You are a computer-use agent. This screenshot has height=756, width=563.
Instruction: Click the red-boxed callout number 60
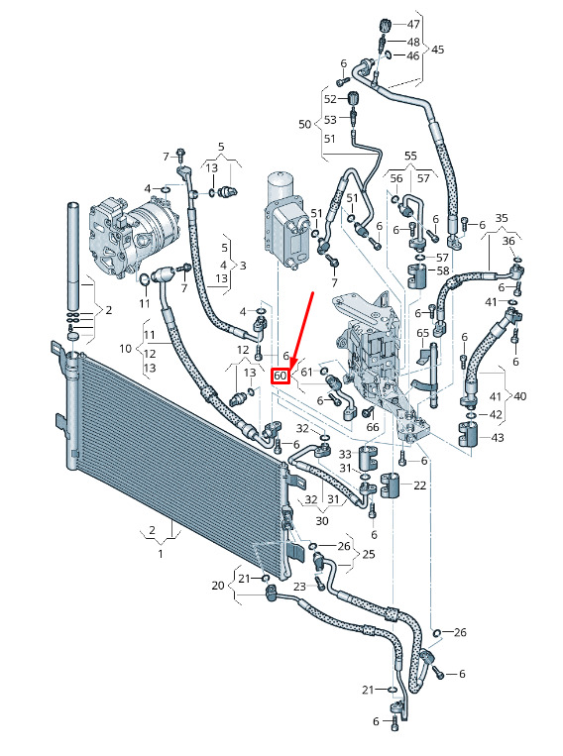[281, 376]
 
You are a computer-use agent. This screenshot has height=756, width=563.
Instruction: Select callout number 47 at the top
[413, 24]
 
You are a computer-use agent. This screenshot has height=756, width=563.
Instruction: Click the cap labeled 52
[354, 98]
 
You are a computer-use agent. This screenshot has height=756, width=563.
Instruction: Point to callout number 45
[437, 50]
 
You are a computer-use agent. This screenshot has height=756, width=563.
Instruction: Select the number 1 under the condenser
[161, 554]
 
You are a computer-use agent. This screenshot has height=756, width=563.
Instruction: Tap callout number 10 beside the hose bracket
[126, 348]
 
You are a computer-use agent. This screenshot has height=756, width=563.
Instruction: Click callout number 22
[419, 486]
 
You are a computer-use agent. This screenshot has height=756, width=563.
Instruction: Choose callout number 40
[520, 396]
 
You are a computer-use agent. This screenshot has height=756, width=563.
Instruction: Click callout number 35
[502, 218]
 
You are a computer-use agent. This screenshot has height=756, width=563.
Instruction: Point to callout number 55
[410, 156]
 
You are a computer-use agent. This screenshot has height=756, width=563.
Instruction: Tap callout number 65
[422, 333]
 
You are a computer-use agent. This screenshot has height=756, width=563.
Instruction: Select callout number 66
[373, 427]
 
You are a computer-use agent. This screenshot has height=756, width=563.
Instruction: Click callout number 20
[218, 586]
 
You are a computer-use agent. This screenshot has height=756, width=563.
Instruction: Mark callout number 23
[299, 587]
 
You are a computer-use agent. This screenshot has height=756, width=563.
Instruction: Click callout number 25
[369, 554]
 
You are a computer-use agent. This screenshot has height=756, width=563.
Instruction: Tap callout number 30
[322, 521]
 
